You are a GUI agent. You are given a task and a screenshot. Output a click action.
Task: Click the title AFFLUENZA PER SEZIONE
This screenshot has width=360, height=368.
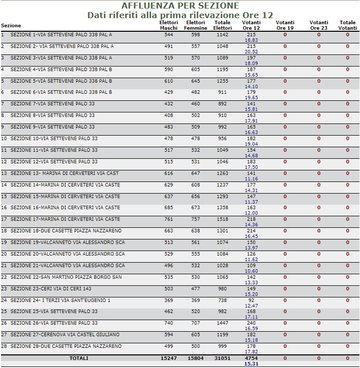pyautogui.click(x=180, y=6)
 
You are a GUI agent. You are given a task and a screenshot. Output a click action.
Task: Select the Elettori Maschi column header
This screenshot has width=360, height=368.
pyautogui.click(x=168, y=25)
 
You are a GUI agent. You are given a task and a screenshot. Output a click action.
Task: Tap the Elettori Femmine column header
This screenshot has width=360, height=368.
pyautogui.click(x=196, y=25)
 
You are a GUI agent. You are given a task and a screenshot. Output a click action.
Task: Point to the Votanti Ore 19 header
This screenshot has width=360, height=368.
pyautogui.click(x=285, y=25)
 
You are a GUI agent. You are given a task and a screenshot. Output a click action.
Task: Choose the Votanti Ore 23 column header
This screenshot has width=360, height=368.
pyautogui.click(x=319, y=25)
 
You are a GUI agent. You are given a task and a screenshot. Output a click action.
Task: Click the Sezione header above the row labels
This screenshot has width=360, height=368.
pyautogui.click(x=11, y=26)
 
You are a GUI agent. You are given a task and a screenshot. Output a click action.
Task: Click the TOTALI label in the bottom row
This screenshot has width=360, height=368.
pyautogui.click(x=79, y=358)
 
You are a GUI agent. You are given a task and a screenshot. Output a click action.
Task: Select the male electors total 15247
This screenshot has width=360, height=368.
pyautogui.click(x=168, y=358)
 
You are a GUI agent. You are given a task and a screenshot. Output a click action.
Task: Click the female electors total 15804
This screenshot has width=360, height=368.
pyautogui.click(x=196, y=358)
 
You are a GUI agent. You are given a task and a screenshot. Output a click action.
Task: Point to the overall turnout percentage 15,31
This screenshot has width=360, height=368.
pyautogui.click(x=251, y=363)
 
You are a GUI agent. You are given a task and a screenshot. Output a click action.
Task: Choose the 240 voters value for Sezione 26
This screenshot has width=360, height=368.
pyautogui.click(x=251, y=323)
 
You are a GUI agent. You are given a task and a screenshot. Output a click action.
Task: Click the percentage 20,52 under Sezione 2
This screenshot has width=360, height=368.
pyautogui.click(x=251, y=51)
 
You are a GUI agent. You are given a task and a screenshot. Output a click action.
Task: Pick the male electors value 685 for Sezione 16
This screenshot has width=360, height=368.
pyautogui.click(x=168, y=208)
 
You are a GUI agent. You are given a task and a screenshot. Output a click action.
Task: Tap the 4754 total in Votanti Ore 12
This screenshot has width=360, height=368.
pyautogui.click(x=251, y=358)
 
